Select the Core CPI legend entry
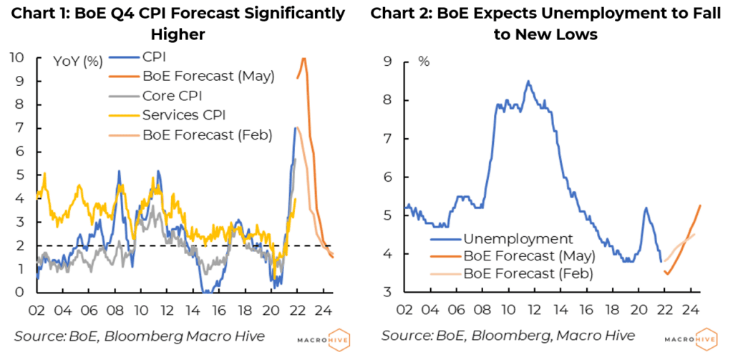tap(175, 95)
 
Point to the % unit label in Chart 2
tap(424, 62)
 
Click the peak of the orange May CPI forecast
tap(304, 59)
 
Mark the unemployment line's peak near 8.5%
tap(528, 81)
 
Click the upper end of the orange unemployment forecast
tap(700, 205)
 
